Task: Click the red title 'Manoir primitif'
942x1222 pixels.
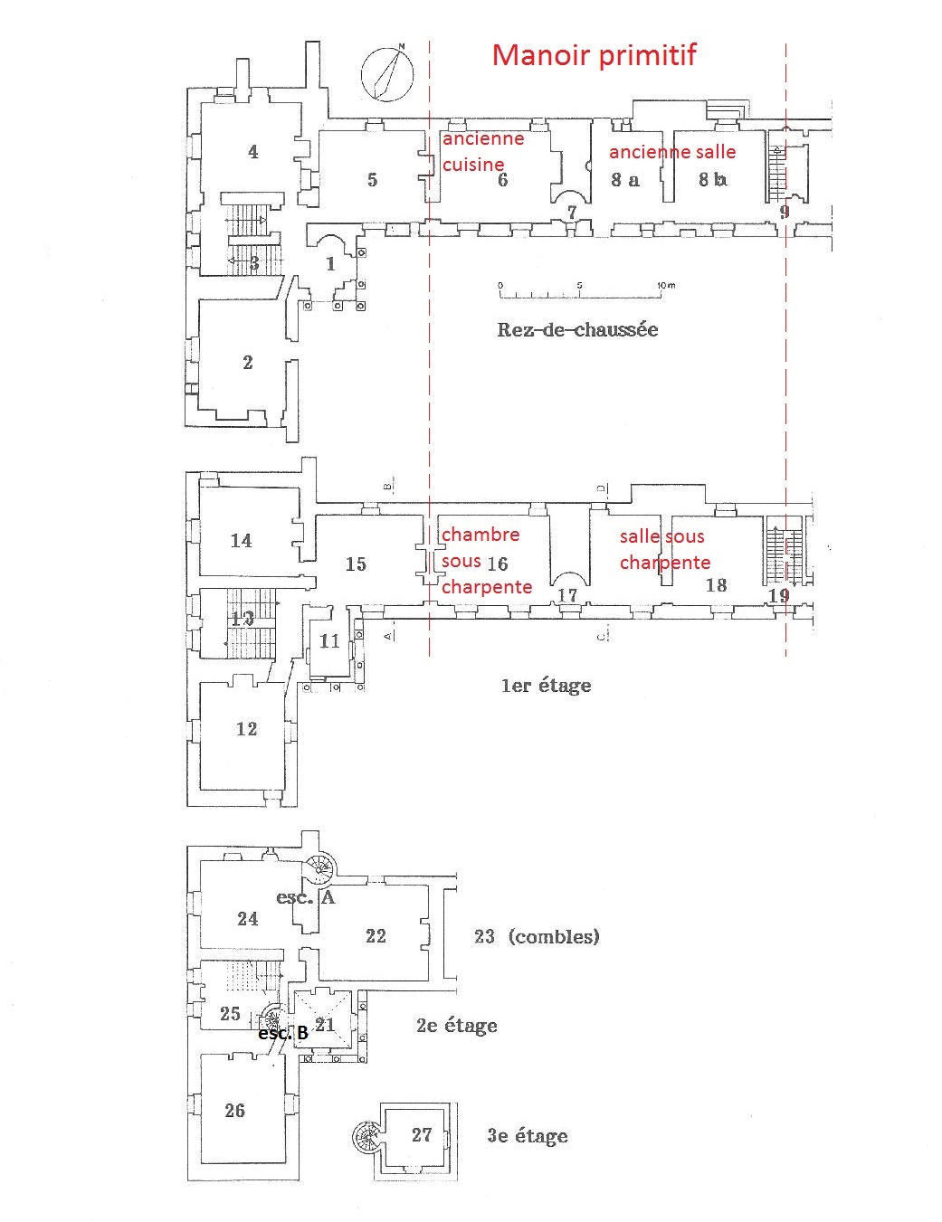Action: click(594, 55)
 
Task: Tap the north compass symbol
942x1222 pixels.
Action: click(387, 72)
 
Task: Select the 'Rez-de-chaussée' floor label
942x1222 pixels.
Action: click(577, 329)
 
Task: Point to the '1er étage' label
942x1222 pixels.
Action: click(546, 686)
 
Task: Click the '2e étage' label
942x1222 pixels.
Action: click(456, 1026)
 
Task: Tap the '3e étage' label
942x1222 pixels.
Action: click(527, 1136)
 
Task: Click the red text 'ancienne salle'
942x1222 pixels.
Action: click(672, 152)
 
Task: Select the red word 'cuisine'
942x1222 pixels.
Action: click(473, 165)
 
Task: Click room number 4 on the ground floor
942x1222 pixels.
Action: click(253, 152)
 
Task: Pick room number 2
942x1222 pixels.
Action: click(248, 363)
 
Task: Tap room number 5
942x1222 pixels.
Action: click(372, 179)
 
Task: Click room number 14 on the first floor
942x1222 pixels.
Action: click(241, 541)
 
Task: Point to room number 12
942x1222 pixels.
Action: click(246, 729)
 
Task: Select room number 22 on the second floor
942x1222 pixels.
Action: click(376, 936)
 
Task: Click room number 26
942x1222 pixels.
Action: click(234, 1111)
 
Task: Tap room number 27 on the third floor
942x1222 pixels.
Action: click(422, 1135)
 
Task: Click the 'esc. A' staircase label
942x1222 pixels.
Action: click(306, 897)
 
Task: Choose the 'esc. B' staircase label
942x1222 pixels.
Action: click(283, 1033)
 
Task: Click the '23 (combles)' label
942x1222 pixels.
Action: click(537, 937)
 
